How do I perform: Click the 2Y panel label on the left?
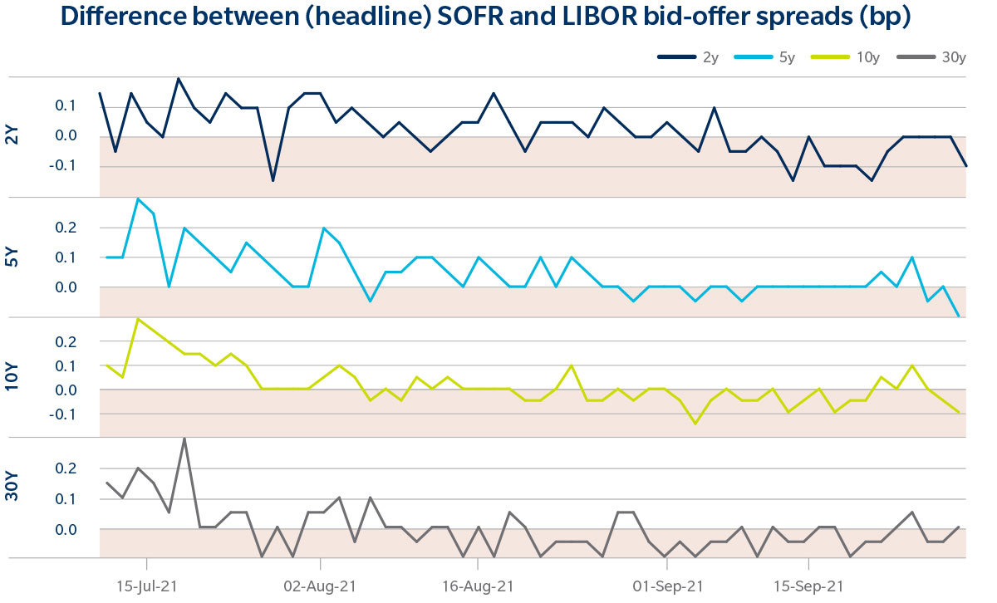(12, 136)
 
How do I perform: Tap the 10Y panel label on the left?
(12, 377)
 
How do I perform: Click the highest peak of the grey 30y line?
(184, 439)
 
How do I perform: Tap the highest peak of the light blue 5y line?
(138, 199)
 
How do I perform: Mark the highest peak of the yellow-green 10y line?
(138, 319)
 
